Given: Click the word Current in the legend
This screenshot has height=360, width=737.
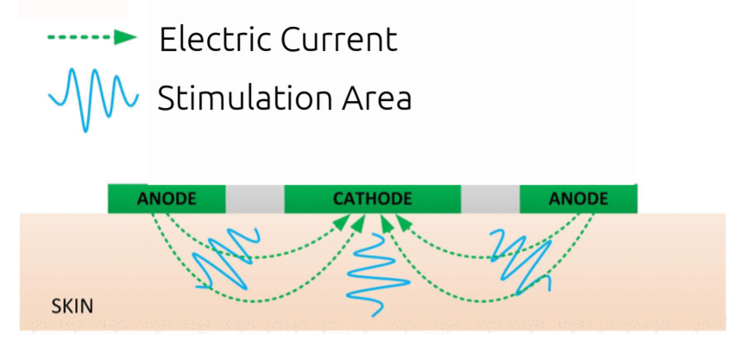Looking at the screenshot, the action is coord(339,39).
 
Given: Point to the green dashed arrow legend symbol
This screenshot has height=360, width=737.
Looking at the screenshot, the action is coord(92,38).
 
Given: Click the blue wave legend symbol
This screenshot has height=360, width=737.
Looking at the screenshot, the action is coord(93,99).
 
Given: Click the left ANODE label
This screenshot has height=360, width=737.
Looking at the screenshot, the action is coord(167,199).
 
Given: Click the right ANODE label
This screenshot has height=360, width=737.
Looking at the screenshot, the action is coord(578,199).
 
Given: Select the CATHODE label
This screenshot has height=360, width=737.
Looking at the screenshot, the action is coord(372,199).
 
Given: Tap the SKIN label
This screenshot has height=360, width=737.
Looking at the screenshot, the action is coord(72,306).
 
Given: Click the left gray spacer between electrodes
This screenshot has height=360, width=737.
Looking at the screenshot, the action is coord(255,199).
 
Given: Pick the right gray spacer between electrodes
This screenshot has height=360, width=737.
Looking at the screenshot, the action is coord(490,199).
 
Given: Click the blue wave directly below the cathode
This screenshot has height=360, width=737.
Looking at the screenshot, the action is coord(378,275).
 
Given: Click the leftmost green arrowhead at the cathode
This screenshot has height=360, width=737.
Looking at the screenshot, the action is coord(345,222).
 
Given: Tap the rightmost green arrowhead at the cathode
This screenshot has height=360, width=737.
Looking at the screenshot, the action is coord(403,222).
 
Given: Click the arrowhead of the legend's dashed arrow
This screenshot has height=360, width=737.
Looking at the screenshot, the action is coord(126,38).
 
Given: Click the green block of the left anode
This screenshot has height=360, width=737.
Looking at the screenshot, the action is coord(167,199).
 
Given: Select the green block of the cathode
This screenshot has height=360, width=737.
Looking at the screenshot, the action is coord(372,199).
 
